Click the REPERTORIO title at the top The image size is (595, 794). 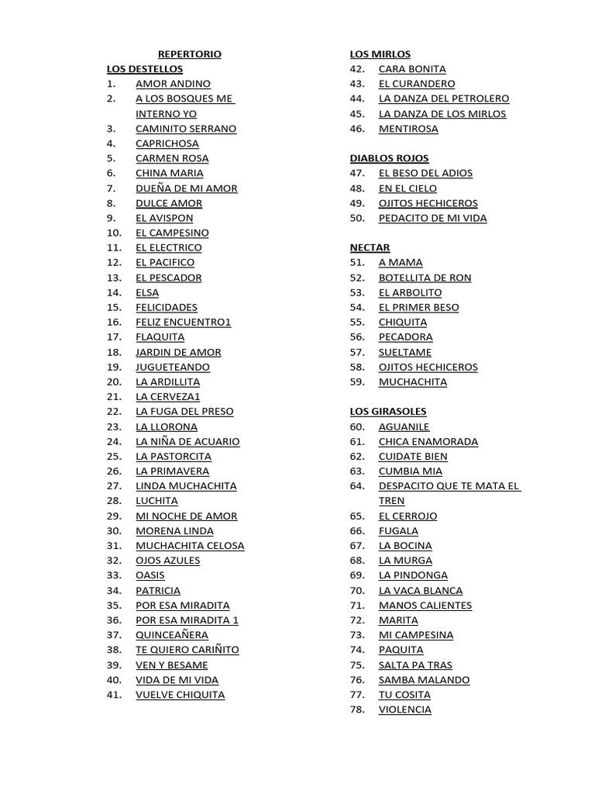click(189, 54)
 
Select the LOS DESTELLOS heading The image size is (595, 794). click(145, 69)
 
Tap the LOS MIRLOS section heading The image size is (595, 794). click(380, 54)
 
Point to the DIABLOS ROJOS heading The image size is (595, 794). click(389, 158)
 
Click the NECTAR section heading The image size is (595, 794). click(370, 247)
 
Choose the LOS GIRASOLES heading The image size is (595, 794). click(388, 412)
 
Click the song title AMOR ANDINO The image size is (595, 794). click(173, 84)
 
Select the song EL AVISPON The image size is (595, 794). click(164, 218)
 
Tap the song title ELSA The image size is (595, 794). click(147, 292)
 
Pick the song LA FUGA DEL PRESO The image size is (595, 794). click(184, 412)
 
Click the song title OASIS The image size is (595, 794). click(150, 575)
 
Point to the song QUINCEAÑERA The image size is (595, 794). click(172, 635)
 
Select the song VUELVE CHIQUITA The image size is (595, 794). click(180, 695)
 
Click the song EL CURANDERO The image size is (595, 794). click(417, 84)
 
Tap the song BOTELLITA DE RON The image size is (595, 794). click(425, 278)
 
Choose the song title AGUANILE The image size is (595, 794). click(404, 426)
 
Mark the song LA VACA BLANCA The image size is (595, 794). click(421, 591)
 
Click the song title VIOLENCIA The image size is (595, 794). click(404, 709)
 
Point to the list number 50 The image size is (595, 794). click(356, 218)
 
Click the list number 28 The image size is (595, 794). click(114, 501)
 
